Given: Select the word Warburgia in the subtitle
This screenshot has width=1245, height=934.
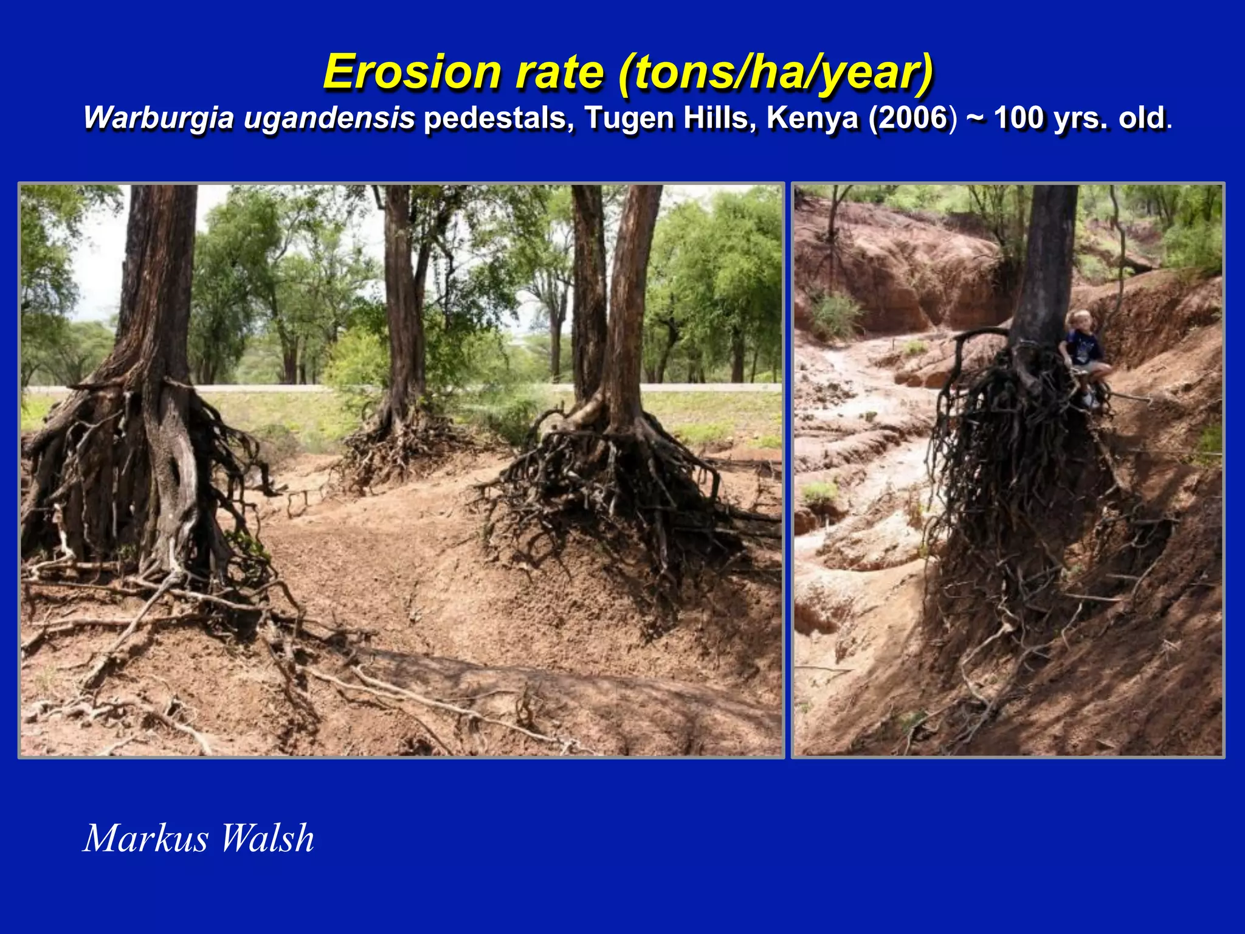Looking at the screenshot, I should coord(159,118).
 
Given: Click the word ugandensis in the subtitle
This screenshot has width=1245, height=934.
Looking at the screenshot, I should coord(329,118).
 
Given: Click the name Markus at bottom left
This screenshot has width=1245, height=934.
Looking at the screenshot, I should coord(145,839).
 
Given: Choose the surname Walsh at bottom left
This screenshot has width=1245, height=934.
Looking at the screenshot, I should coord(267,839).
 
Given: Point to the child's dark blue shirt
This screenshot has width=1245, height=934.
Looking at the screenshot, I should coord(1086,347).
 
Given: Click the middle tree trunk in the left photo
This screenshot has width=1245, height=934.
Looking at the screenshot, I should coord(401,292).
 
